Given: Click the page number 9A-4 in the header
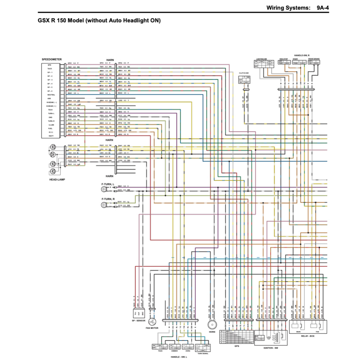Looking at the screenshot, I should [x=322, y=8].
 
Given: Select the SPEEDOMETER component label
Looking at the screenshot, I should [x=52, y=59].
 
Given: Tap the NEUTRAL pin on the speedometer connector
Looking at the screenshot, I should [x=51, y=95].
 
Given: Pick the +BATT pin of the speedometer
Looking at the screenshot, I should [x=50, y=136].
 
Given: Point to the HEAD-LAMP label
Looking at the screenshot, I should [x=57, y=180].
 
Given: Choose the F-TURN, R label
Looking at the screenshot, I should [x=108, y=199].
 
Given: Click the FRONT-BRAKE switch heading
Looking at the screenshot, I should [x=314, y=59].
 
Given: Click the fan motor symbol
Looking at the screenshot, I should [x=152, y=321].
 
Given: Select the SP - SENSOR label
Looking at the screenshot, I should [x=138, y=321].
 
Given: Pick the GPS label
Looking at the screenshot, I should [x=237, y=346].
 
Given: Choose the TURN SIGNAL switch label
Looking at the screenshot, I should [x=202, y=354].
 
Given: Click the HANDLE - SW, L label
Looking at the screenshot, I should [x=179, y=357].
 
